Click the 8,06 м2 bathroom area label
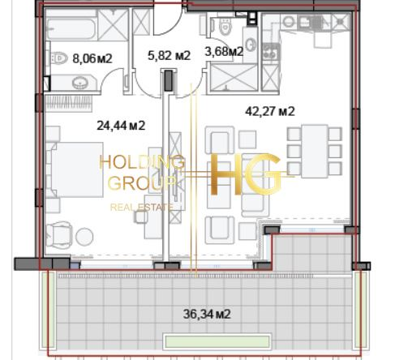tap(92, 58)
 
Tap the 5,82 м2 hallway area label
tap(170, 55)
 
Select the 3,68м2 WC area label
tap(224, 51)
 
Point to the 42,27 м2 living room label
tap(270, 111)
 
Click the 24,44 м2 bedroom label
tap(121, 126)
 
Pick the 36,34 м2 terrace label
tap(207, 314)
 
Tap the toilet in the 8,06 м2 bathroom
tap(58, 58)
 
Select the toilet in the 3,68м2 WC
tap(225, 27)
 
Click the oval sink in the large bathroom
tap(80, 83)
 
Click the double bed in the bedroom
tap(76, 169)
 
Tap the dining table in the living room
tap(315, 151)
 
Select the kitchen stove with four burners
tap(271, 52)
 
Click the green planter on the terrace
tap(217, 342)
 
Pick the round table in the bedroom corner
tap(84, 237)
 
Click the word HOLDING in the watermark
tap(142, 162)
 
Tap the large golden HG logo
tap(246, 174)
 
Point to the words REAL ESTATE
tap(142, 208)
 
